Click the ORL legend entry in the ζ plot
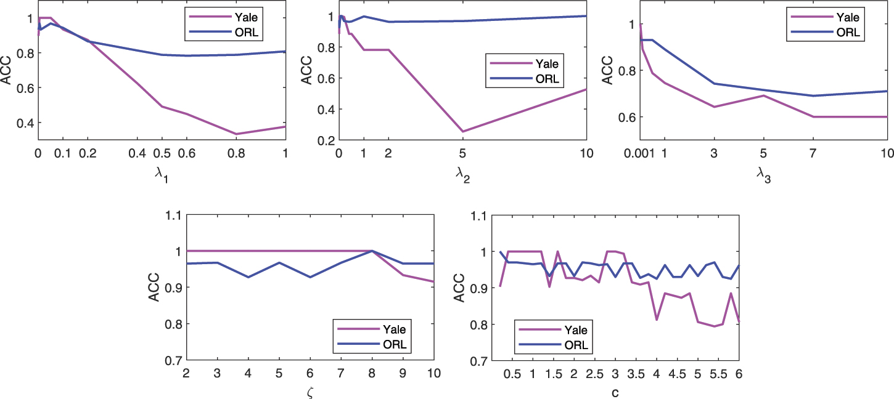(383, 344)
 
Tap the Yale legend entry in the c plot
(559, 329)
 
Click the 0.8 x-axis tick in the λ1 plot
(236, 153)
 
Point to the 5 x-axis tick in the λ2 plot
(462, 153)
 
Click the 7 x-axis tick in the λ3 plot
(814, 153)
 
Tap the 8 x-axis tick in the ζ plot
(372, 374)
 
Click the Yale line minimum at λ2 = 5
(462, 131)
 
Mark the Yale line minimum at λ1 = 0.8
(236, 134)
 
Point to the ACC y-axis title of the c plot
(459, 288)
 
